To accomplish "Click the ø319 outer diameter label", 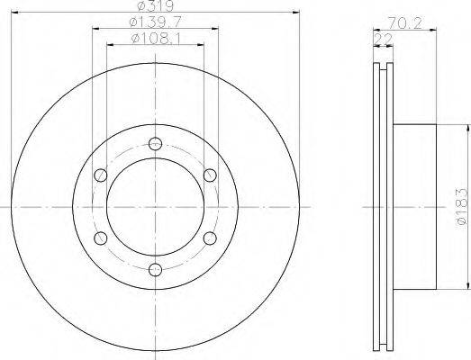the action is (x=155, y=5).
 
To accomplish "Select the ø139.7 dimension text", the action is (x=155, y=22).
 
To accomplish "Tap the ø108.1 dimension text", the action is (x=156, y=39).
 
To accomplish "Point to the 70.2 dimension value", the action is (x=404, y=23).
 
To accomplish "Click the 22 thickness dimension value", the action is (x=383, y=39).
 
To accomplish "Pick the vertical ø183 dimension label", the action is (x=462, y=206).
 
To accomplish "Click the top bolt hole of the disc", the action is (x=155, y=143).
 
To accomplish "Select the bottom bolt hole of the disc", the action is (x=155, y=269).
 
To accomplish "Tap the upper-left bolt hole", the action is (x=101, y=175).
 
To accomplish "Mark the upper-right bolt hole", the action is (x=210, y=175).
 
